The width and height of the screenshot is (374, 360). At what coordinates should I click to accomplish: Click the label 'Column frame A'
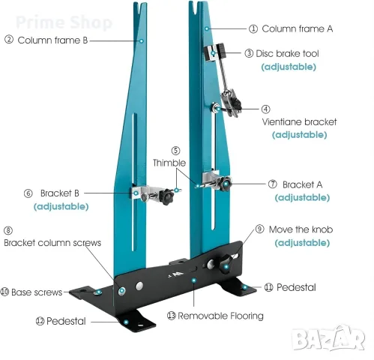[x=297, y=28]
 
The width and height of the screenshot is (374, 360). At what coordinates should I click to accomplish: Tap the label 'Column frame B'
[x=52, y=40]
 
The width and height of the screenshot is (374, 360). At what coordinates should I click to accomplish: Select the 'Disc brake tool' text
[x=287, y=53]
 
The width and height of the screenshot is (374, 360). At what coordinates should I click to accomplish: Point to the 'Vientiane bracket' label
[x=299, y=121]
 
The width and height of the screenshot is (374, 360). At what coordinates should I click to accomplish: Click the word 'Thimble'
[x=169, y=163]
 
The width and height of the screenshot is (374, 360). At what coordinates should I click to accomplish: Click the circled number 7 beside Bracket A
[x=273, y=184]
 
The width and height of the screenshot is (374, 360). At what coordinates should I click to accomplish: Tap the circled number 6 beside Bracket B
[x=28, y=193]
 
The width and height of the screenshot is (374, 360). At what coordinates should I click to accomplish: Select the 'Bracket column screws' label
[x=52, y=243]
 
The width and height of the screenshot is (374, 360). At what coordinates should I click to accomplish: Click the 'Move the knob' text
[x=301, y=229]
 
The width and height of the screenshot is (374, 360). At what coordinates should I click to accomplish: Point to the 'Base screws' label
[x=37, y=292]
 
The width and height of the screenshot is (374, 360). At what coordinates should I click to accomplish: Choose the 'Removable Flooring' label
[x=220, y=316]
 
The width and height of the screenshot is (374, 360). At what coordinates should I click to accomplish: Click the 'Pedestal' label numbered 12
[x=66, y=321]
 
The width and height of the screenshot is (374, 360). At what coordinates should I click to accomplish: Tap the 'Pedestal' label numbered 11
[x=296, y=287]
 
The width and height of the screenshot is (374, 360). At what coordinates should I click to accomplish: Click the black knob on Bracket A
[x=225, y=184]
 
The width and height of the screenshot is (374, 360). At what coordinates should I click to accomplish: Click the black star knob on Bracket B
[x=166, y=196]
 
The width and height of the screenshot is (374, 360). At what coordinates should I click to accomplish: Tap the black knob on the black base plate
[x=226, y=265]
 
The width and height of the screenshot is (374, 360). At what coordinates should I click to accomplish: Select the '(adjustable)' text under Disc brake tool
[x=289, y=67]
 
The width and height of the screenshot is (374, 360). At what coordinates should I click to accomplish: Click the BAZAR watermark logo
[x=328, y=339]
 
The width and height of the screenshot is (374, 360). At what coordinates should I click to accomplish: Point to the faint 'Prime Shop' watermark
[x=64, y=22]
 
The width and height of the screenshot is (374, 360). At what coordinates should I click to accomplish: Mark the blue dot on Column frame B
[x=142, y=40]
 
